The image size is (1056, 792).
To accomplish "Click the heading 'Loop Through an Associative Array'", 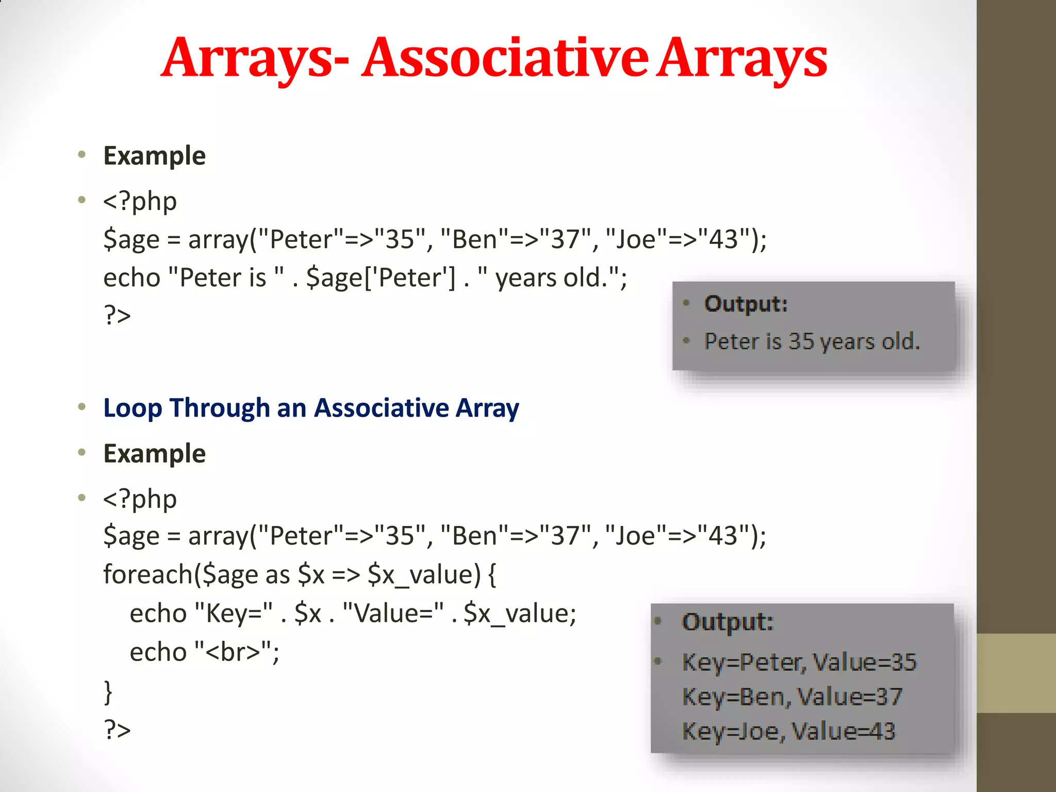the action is coord(311,408).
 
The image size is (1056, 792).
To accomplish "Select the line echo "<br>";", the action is coord(204,652).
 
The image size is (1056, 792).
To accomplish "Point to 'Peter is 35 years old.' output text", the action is coord(812,341).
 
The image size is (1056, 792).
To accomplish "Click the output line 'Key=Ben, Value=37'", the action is coord(792,697).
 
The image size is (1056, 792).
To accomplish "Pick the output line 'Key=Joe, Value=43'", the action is coord(788,731).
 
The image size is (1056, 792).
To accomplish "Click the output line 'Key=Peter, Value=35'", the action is coord(799,662).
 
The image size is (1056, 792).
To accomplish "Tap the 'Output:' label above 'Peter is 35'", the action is coord(746,304).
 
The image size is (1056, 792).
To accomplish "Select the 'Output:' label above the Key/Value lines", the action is coord(728,622).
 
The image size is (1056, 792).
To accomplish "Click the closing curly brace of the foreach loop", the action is coord(108,691).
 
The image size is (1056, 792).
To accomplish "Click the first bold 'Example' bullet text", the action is coord(154,156).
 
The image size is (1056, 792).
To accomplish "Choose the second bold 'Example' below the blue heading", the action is coord(154,454).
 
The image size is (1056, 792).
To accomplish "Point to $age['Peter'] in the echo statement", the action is coord(381,278).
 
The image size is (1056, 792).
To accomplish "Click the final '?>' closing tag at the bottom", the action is coord(117,729).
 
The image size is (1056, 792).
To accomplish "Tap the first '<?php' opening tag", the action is coord(140,201).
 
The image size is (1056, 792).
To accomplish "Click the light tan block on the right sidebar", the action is coord(1016,673).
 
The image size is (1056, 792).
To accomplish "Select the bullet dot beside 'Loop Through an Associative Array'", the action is coord(81,407).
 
